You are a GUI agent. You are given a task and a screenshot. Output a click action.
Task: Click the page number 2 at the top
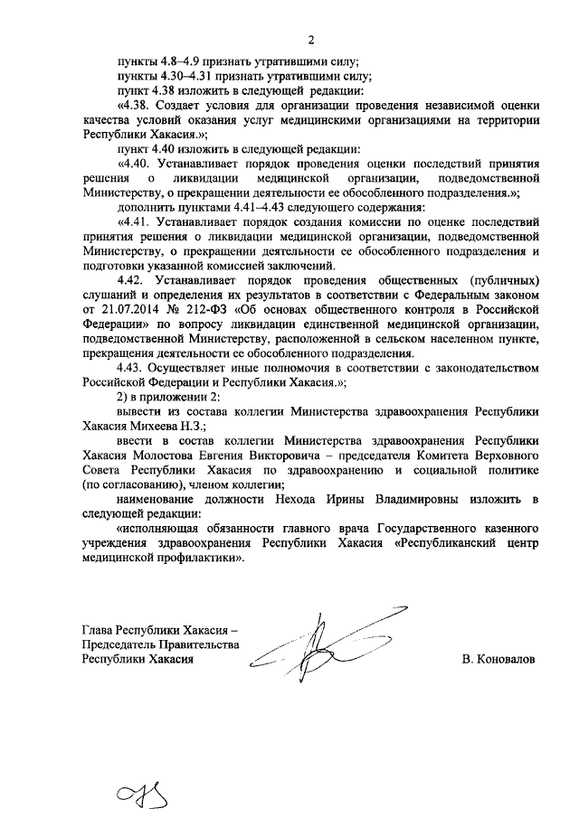[309, 40]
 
